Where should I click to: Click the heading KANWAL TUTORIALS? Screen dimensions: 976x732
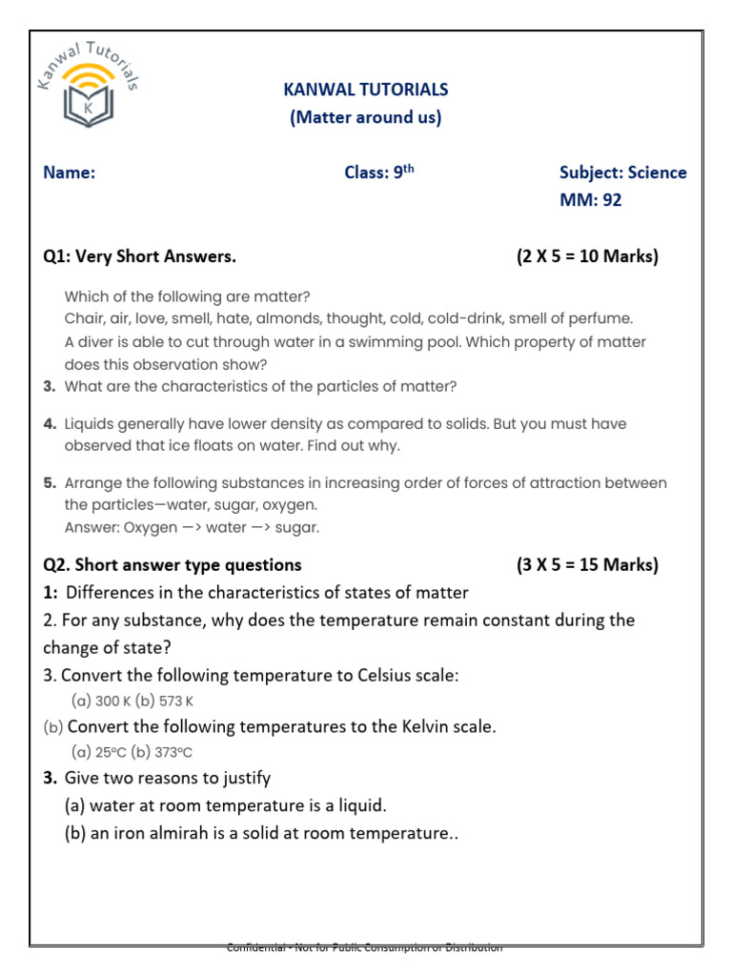(x=366, y=90)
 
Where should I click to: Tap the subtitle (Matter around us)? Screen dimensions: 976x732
(x=366, y=118)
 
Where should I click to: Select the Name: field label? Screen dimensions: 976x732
(x=69, y=173)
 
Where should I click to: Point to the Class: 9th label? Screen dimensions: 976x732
(x=379, y=173)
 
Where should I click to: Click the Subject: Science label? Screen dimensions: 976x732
(x=622, y=173)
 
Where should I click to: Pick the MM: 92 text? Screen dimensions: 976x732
(x=590, y=200)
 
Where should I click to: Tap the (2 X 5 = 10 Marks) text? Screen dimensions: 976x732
(x=587, y=256)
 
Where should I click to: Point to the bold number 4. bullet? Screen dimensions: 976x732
(x=51, y=423)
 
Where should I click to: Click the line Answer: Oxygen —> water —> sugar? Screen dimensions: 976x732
(x=192, y=527)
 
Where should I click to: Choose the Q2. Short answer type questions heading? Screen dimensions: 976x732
(x=172, y=564)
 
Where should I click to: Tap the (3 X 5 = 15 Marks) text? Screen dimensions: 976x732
(x=587, y=564)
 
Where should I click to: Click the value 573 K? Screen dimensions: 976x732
(x=175, y=701)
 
